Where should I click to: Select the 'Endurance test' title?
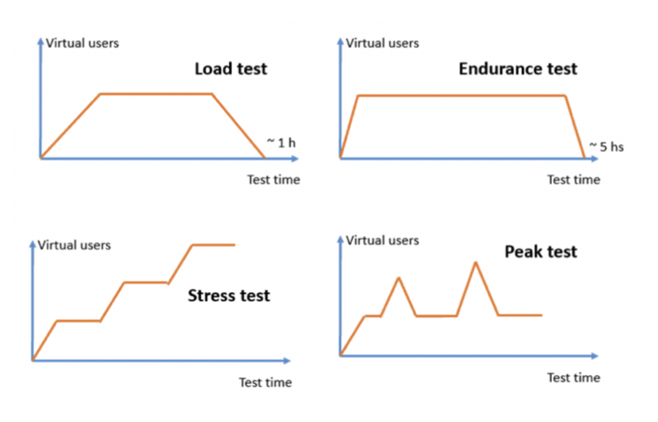click(517, 68)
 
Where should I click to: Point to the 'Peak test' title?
click(540, 252)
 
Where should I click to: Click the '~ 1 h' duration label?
click(282, 142)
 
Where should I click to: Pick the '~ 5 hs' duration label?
click(606, 147)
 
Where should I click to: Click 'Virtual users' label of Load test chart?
click(82, 41)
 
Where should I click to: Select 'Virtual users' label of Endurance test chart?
click(382, 41)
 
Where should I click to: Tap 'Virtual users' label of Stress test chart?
click(74, 245)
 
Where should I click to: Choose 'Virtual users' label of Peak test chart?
click(382, 240)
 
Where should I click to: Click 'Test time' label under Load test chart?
click(272, 180)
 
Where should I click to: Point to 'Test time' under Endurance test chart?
click(573, 180)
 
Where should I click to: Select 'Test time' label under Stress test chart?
click(264, 382)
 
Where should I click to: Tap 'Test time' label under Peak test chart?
click(573, 377)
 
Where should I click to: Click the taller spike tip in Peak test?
click(477, 262)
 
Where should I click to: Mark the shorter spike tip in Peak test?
click(399, 278)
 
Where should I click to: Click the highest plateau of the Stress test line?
click(214, 245)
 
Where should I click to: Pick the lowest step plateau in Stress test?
click(78, 320)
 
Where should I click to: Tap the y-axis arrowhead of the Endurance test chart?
click(340, 41)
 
